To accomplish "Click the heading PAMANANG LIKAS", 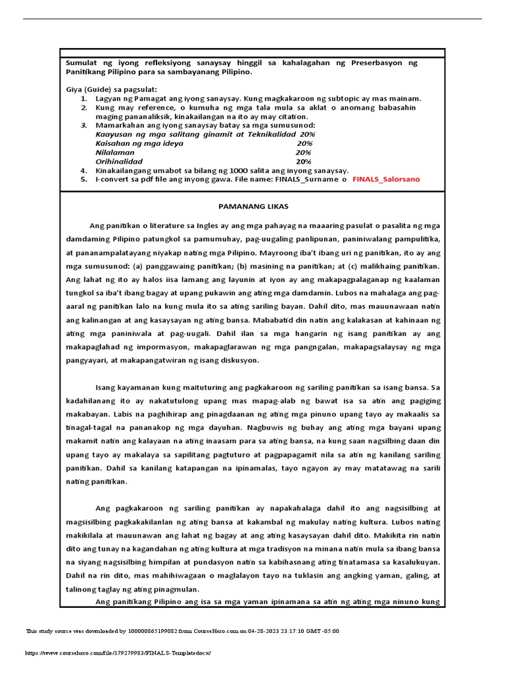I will pyautogui.click(x=252, y=206).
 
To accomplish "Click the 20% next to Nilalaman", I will pyautogui.click(x=303, y=152).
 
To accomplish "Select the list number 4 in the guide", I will pyautogui.click(x=84, y=170).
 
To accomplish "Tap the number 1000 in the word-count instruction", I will pyautogui.click(x=218, y=170).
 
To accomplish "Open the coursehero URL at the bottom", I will pyautogui.click(x=119, y=653).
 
